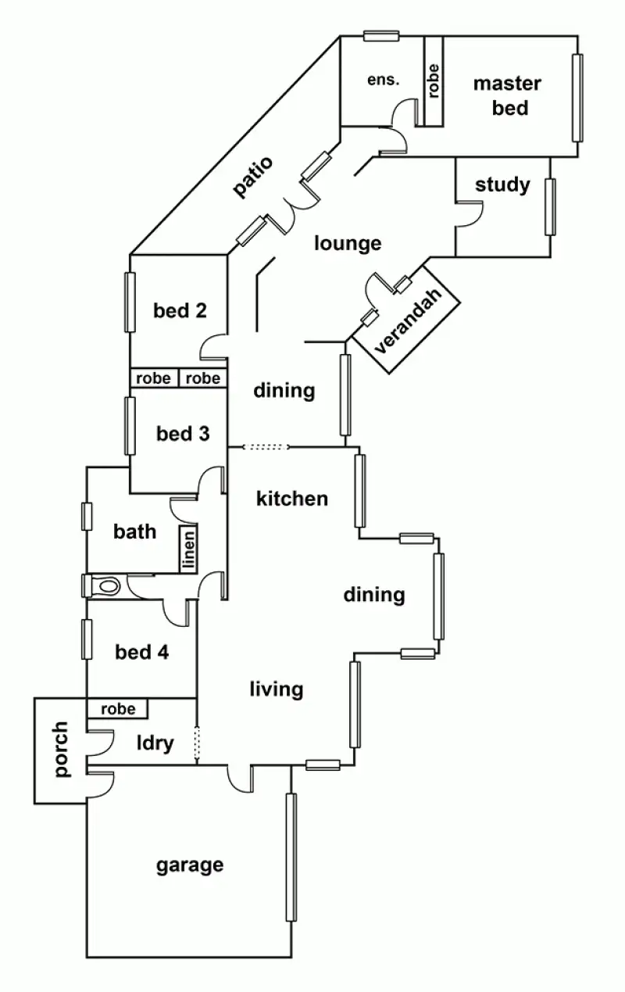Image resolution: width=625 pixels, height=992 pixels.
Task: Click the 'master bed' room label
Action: click(x=507, y=95)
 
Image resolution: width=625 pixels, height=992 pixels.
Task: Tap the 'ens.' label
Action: click(x=384, y=80)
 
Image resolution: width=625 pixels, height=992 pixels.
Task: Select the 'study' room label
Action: click(x=502, y=185)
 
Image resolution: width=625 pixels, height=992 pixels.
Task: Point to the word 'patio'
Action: click(x=255, y=177)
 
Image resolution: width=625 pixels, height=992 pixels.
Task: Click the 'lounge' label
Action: click(x=348, y=243)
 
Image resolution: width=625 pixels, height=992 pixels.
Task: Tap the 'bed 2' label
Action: click(x=180, y=310)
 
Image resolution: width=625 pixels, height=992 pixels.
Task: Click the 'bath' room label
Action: click(x=135, y=532)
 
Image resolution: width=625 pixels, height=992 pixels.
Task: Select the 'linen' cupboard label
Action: click(x=187, y=550)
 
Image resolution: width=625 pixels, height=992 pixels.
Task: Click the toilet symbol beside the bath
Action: click(x=105, y=586)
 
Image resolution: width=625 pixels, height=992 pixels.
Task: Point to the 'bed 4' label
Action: click(x=141, y=651)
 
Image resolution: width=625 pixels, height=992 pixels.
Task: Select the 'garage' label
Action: click(x=190, y=865)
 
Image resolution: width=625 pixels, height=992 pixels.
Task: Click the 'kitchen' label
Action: click(x=292, y=498)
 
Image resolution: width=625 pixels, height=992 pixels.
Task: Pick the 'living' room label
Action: click(x=276, y=689)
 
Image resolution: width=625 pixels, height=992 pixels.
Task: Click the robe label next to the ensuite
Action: click(x=434, y=80)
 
